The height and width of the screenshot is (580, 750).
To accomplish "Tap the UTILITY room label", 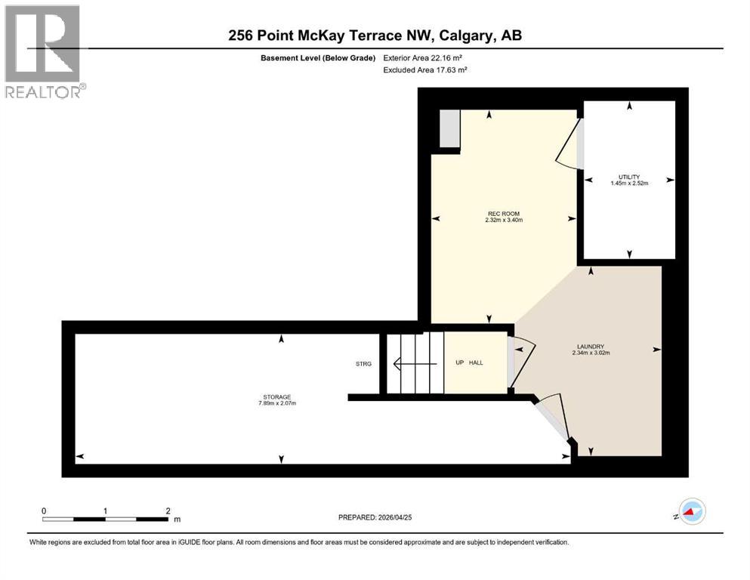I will click(x=628, y=177).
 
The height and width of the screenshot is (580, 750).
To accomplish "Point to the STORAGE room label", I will click(x=277, y=397).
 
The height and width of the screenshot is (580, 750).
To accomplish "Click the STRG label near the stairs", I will click(x=364, y=364).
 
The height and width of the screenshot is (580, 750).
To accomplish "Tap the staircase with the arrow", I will click(x=415, y=362).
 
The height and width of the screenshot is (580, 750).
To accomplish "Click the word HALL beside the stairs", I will click(x=476, y=362).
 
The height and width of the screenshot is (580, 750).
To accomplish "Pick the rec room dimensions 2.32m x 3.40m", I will click(x=504, y=221).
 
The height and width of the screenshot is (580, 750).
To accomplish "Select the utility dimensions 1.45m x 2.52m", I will click(x=628, y=183).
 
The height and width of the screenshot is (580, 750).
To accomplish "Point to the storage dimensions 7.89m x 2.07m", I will click(x=277, y=403).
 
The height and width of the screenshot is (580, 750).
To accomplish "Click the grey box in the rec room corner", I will click(x=449, y=129).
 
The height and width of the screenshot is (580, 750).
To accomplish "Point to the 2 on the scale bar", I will click(x=168, y=511).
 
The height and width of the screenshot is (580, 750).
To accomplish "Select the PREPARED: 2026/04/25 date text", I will click(x=375, y=517).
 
